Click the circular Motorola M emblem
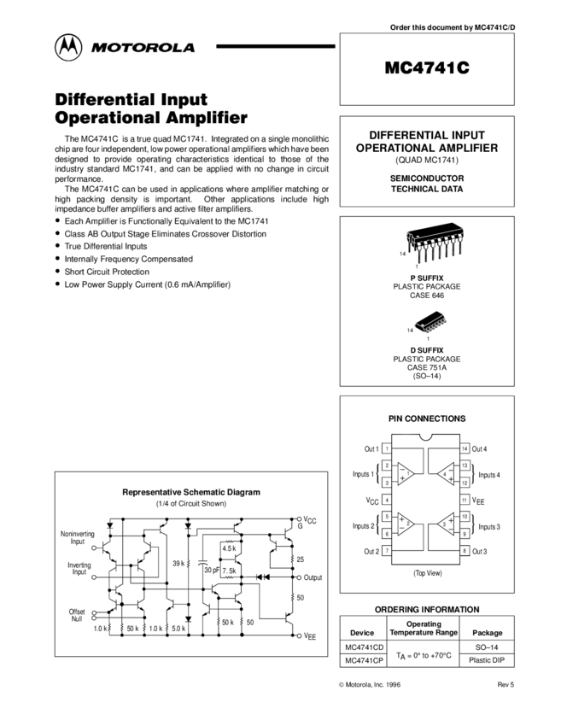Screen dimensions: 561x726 click(67, 48)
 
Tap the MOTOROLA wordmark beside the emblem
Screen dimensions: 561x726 click(143, 49)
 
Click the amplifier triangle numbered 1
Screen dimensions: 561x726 click(406, 473)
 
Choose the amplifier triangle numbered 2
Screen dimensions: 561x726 click(406, 523)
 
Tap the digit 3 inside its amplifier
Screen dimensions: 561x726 click(444, 524)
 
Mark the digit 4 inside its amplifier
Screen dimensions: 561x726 click(444, 473)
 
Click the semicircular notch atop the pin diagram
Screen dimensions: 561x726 click(425, 438)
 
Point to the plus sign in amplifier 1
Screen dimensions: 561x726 click(402, 479)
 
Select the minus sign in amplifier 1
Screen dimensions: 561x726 click(402, 468)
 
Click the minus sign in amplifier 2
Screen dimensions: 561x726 click(401, 529)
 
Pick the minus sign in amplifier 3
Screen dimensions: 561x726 click(450, 529)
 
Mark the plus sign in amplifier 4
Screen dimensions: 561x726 click(450, 479)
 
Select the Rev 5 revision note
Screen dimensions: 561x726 click(505, 685)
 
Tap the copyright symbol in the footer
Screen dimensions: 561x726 click(341, 685)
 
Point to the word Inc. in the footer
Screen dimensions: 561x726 click(377, 685)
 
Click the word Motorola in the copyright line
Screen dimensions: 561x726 click(357, 685)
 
